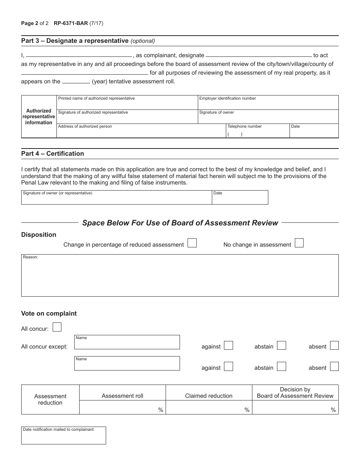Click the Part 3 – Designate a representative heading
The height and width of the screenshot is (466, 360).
75,41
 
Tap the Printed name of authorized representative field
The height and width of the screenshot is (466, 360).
127,105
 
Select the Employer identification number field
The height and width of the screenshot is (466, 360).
268,105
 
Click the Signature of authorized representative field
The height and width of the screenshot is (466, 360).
127,118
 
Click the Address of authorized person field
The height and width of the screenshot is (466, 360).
141,133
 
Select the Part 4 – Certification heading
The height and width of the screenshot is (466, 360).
53,153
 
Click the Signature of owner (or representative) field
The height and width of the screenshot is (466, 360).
116,199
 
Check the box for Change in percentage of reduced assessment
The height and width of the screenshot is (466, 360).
192,243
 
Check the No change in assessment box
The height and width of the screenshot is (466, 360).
299,243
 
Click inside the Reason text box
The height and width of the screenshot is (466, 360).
180,277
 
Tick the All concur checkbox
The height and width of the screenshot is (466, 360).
57,327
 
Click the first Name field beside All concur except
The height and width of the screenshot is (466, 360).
127,344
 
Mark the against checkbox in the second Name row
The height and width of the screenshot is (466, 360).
229,367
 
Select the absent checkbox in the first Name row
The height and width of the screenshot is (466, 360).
334,346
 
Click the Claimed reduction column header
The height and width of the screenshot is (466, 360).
209,396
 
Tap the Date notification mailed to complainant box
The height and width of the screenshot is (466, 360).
64,438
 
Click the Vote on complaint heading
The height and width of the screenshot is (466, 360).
49,313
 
